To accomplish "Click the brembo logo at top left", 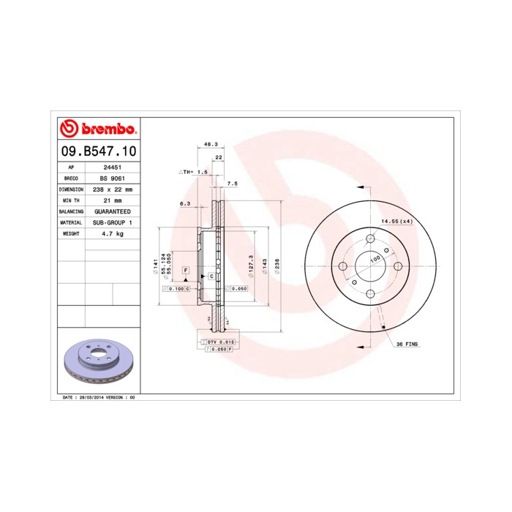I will click(97, 129).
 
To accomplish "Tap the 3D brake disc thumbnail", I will click(96, 362).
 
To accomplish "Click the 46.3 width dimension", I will click(211, 144).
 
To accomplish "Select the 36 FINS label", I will click(407, 344).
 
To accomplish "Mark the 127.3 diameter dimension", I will click(252, 266).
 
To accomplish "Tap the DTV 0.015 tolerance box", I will click(219, 342).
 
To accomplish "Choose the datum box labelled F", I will click(187, 271).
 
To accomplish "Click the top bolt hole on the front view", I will click(370, 238).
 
